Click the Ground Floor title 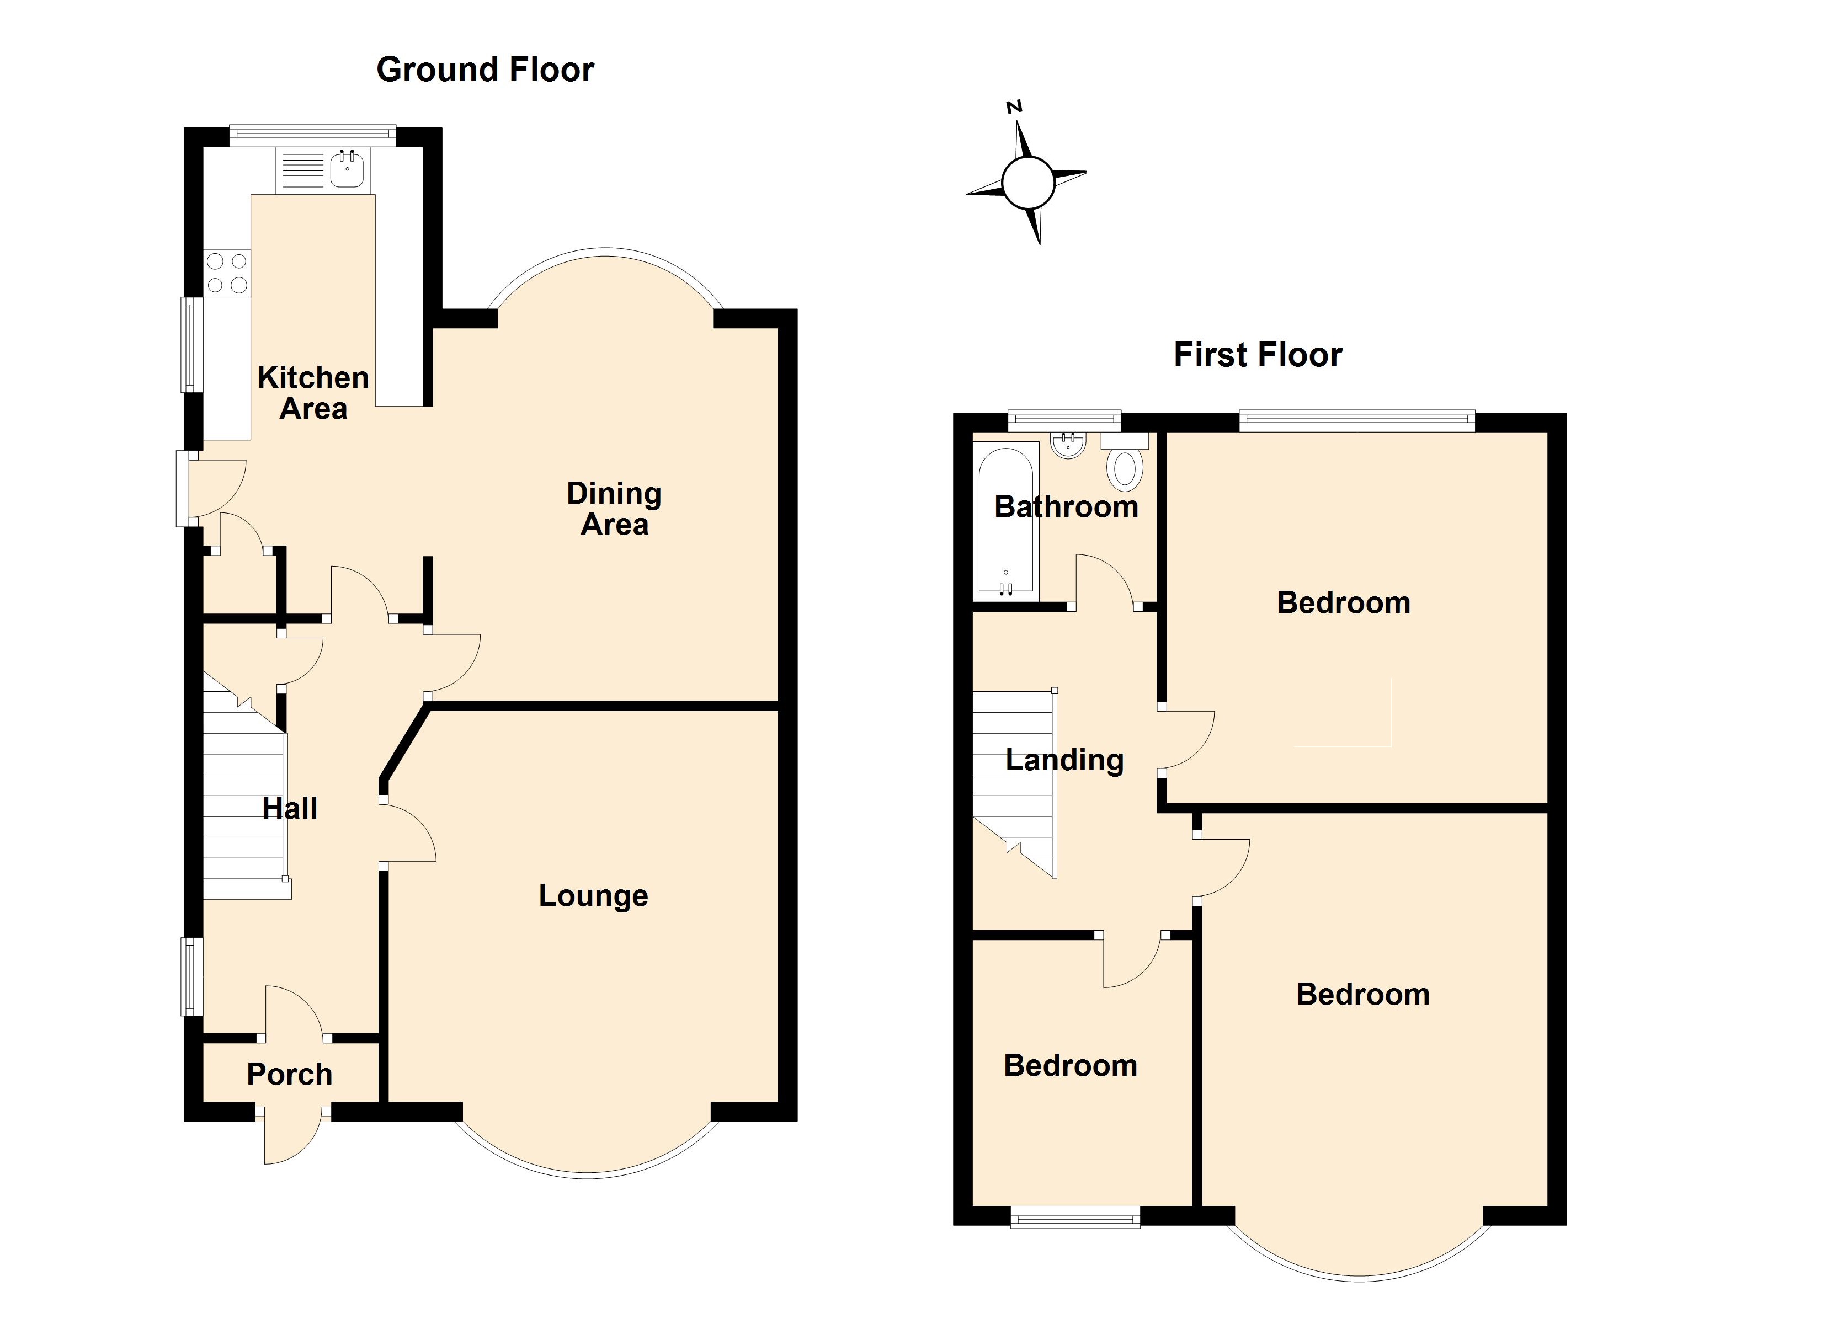[485, 70]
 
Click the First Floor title [1258, 355]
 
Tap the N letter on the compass [1015, 107]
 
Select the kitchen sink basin [349, 170]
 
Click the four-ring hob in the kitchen [227, 273]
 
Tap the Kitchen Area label [313, 393]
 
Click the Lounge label [593, 895]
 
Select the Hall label [290, 808]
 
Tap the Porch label [289, 1074]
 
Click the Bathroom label [1066, 506]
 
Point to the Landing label [1064, 760]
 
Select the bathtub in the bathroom [1005, 522]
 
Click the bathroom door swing [1104, 580]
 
